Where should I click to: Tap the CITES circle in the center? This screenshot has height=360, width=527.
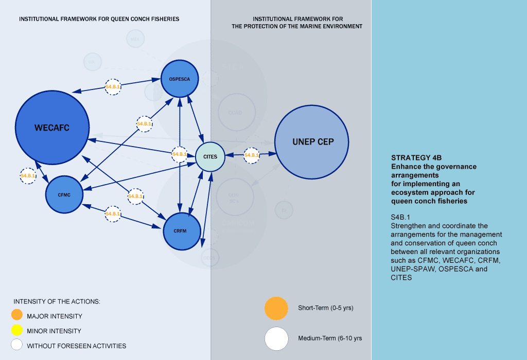pyautogui.click(x=210, y=156)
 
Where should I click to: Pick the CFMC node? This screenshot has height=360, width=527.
pyautogui.click(x=64, y=194)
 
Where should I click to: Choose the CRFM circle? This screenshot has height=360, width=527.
pyautogui.click(x=182, y=231)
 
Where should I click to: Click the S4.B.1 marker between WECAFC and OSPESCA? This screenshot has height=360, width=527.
pyautogui.click(x=113, y=87)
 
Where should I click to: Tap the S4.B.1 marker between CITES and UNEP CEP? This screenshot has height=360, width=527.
pyautogui.click(x=251, y=155)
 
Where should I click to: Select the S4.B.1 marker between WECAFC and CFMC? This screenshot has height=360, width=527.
pyautogui.click(x=28, y=176)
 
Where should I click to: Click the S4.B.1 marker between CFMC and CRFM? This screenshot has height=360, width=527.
pyautogui.click(x=113, y=213)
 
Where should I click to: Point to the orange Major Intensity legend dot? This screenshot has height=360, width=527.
pyautogui.click(x=16, y=315)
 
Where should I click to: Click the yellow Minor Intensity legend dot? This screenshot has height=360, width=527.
pyautogui.click(x=16, y=330)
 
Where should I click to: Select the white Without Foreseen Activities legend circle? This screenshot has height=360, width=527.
pyautogui.click(x=16, y=345)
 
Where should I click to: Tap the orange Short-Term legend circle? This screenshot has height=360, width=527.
pyautogui.click(x=276, y=308)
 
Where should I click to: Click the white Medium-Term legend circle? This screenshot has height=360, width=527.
pyautogui.click(x=276, y=338)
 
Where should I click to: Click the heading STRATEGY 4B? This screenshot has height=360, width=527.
pyautogui.click(x=416, y=158)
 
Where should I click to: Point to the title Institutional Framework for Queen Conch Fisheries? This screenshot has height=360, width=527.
pyautogui.click(x=99, y=19)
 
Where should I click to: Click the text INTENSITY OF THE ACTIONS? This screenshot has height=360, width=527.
pyautogui.click(x=57, y=301)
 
